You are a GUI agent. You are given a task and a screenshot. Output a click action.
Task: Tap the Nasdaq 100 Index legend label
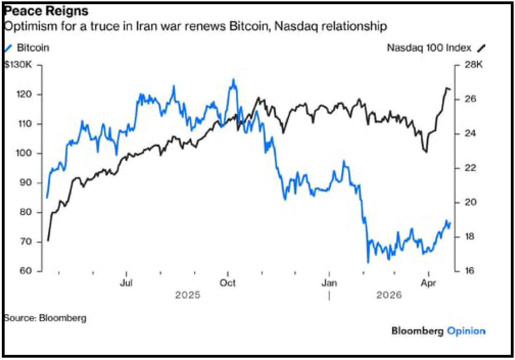click(x=429, y=47)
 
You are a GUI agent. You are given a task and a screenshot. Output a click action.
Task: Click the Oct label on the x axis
click(x=228, y=283)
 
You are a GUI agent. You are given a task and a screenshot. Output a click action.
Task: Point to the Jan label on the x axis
click(x=329, y=283)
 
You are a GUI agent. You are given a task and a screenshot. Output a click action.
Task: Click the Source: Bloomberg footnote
click(x=45, y=318)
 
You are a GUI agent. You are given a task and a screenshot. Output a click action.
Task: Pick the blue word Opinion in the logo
click(x=466, y=331)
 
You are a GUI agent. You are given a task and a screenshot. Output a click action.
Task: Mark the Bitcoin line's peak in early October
click(x=233, y=80)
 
